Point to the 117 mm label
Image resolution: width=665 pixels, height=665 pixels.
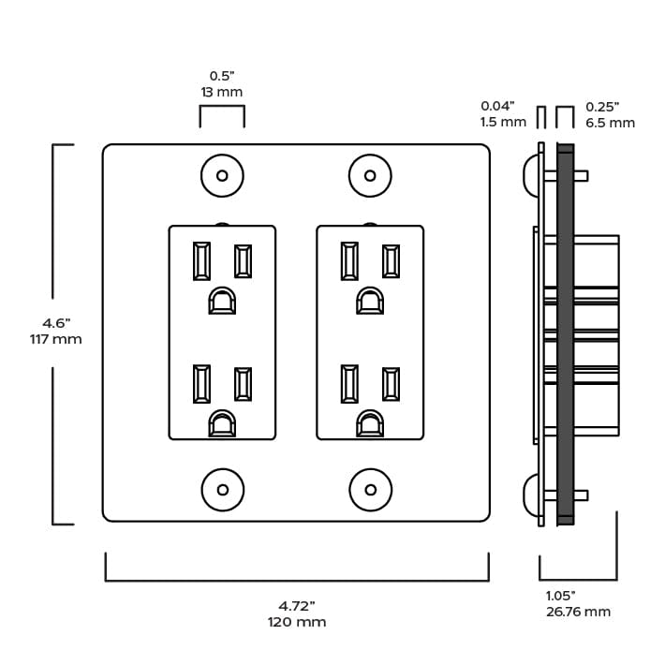[56, 339]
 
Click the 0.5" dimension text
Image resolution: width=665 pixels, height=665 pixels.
[221, 76]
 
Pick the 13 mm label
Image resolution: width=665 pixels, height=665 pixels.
[221, 93]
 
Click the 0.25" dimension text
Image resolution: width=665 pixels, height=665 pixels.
[603, 106]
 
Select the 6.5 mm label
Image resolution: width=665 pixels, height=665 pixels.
[610, 123]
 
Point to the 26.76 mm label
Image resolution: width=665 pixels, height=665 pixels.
[578, 612]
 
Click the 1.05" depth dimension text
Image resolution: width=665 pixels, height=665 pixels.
[561, 595]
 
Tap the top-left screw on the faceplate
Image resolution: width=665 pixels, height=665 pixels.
[222, 175]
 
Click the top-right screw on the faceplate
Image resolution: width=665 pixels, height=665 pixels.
[370, 175]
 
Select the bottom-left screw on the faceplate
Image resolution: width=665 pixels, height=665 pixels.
[222, 490]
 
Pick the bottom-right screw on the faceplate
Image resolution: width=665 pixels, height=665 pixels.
[370, 490]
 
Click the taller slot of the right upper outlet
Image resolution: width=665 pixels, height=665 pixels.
[349, 261]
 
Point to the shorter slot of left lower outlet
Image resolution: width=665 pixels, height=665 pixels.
[244, 384]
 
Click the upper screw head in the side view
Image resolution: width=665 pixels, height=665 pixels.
[529, 175]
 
